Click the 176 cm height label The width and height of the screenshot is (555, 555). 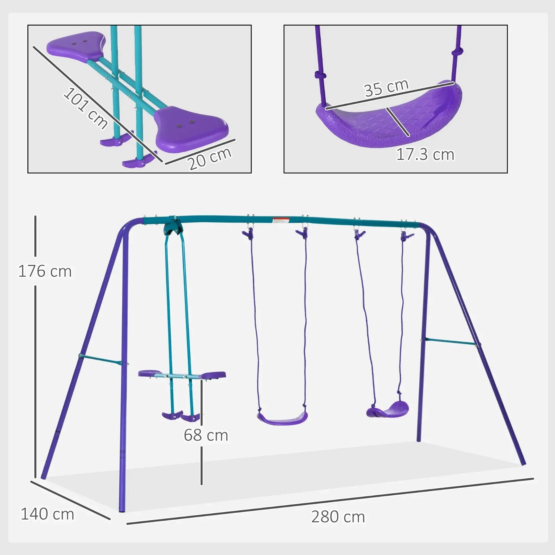45,271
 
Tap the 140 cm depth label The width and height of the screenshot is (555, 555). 47,514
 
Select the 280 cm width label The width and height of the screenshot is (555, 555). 338,517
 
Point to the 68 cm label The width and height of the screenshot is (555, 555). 206,435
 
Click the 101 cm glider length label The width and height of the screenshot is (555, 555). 85,108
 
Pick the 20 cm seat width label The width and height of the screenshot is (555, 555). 210,159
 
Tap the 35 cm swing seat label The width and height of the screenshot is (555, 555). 386,88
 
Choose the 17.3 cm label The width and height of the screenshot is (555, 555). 425,155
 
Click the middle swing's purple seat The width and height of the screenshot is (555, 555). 282,418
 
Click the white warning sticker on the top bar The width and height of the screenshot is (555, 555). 281,220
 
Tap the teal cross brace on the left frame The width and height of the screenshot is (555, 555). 101,360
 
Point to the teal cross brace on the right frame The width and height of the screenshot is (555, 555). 450,342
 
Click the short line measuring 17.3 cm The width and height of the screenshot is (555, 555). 398,122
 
